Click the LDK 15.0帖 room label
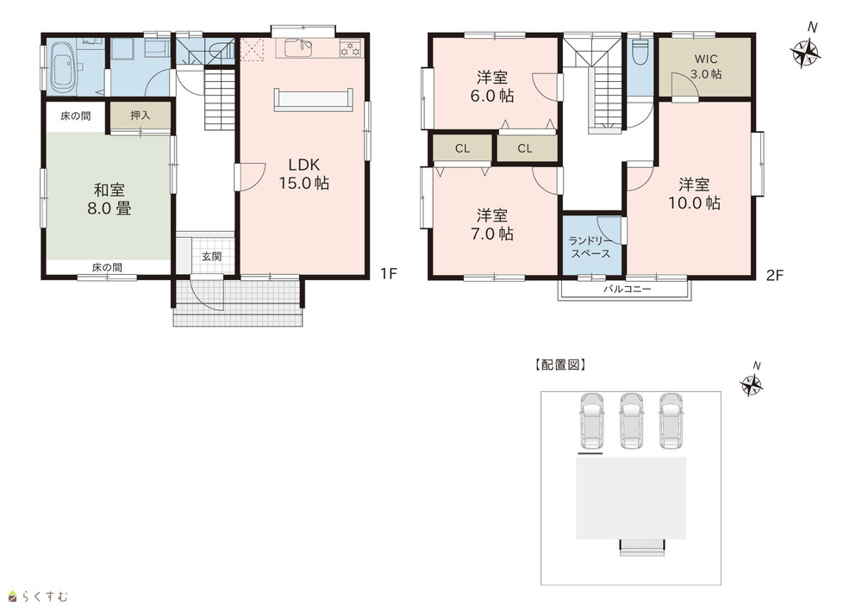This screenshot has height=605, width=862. (x=304, y=173)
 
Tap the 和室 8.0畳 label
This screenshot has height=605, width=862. (x=109, y=199)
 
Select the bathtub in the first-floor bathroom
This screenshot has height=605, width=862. (x=66, y=68)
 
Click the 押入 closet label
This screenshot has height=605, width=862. (x=141, y=115)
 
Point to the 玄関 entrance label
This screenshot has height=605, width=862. (x=211, y=256)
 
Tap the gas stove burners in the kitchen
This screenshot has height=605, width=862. (x=351, y=48)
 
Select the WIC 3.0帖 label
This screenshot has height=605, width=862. (x=706, y=66)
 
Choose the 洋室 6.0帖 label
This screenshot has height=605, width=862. (x=492, y=86)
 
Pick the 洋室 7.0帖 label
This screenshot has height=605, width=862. (x=492, y=224)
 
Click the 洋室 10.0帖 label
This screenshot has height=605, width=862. (x=694, y=193)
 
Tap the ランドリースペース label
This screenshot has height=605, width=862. (x=590, y=247)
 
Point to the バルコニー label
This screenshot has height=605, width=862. (x=628, y=289)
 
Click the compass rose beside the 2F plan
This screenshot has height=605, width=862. (x=805, y=53)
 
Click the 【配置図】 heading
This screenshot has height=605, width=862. (x=560, y=365)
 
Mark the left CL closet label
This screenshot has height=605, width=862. (x=462, y=148)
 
